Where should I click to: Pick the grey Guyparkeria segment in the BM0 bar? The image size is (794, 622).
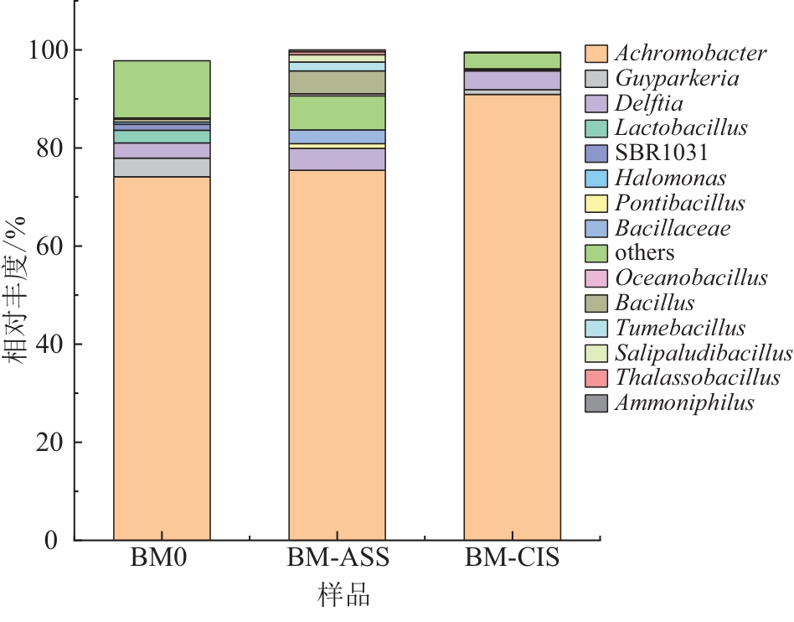162,167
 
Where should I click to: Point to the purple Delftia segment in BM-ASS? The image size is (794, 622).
337,159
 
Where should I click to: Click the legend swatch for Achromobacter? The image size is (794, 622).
595,54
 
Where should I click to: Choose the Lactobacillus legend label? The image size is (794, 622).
680,128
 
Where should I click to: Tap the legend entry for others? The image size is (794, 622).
644,252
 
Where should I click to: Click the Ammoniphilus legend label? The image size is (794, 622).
684,402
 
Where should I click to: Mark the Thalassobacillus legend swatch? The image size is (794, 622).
595,378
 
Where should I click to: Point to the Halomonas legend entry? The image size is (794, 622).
669,178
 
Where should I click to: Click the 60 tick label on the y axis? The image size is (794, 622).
49,246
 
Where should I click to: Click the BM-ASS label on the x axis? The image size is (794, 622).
338,558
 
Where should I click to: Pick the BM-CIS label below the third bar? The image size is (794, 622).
512,558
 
